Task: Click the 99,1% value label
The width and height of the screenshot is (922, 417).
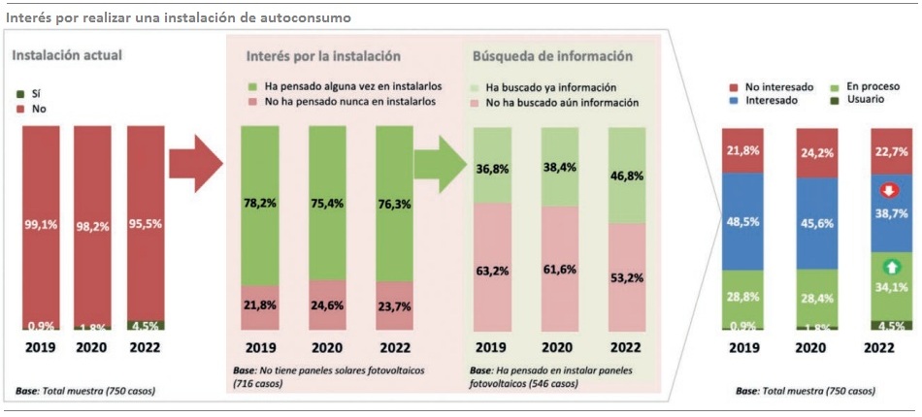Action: (x=41, y=224)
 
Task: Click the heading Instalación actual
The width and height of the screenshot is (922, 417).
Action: (x=67, y=55)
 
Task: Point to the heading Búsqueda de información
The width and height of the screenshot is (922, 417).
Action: (x=552, y=55)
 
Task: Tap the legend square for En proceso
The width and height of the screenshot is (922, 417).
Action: (x=839, y=86)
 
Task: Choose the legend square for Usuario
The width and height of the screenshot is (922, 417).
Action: (x=839, y=100)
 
